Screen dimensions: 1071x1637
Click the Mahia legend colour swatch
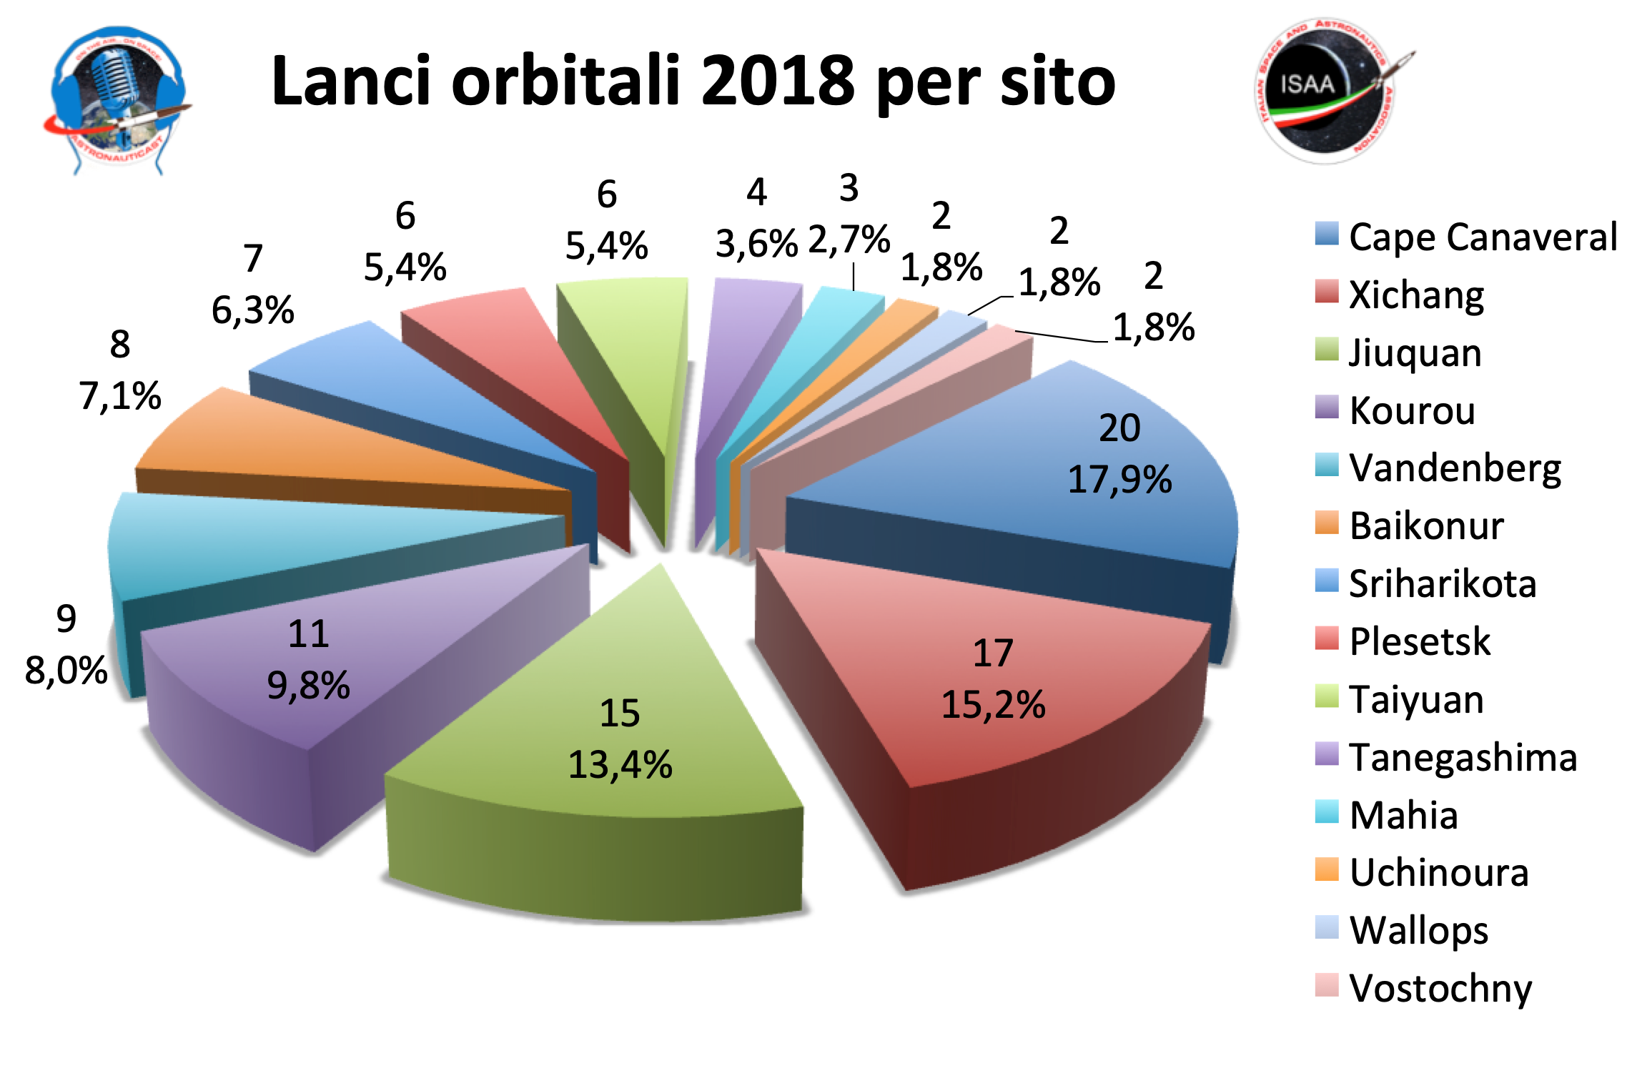tap(1326, 812)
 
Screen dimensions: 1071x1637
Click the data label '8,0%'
tap(66, 671)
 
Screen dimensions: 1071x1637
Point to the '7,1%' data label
tap(120, 395)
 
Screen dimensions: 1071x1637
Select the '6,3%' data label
tap(252, 310)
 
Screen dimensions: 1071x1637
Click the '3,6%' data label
tap(756, 244)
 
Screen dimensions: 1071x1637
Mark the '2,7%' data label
tap(849, 240)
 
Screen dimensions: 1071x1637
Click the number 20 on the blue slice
tap(1119, 428)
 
